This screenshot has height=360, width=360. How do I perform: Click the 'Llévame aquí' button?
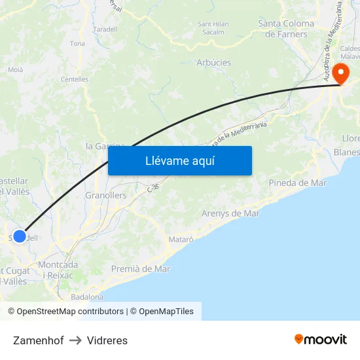coord(179,160)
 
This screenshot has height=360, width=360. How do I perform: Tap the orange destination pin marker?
coord(340,73)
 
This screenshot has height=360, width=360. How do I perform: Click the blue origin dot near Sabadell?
coord(20,236)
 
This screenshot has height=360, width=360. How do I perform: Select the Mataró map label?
coord(181,240)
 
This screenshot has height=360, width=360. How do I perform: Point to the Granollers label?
coord(106,195)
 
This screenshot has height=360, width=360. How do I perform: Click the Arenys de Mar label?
coord(230,213)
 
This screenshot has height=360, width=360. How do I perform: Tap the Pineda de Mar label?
coord(297,183)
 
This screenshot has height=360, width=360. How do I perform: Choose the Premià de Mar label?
coord(140,268)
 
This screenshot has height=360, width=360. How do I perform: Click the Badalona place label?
coord(87,297)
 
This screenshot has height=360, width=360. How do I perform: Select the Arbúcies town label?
coord(213,63)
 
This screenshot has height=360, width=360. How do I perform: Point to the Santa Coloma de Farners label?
coord(286,29)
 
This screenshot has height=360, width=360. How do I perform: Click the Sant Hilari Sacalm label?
coord(213,27)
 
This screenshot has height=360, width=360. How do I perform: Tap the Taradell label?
coord(105,29)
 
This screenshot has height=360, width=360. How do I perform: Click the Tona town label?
coord(77,44)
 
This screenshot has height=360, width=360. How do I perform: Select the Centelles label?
coord(74,79)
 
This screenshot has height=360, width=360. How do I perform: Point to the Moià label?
coord(15,69)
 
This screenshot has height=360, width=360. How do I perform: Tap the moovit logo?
coord(320,339)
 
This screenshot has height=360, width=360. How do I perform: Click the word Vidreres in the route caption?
coord(107,340)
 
